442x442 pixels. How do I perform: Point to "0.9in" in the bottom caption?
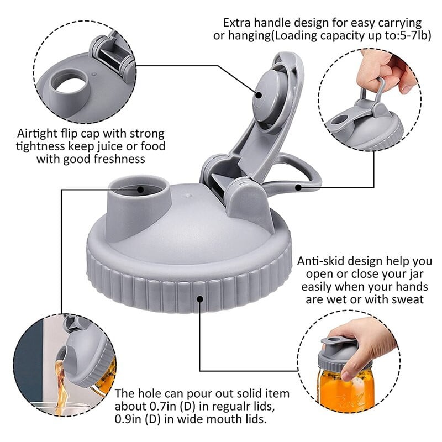128,419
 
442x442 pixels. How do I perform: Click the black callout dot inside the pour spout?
140,190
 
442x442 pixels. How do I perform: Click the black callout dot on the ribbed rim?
200,298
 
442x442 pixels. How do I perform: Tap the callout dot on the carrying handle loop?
298,187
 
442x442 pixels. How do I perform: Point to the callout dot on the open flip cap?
259,95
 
